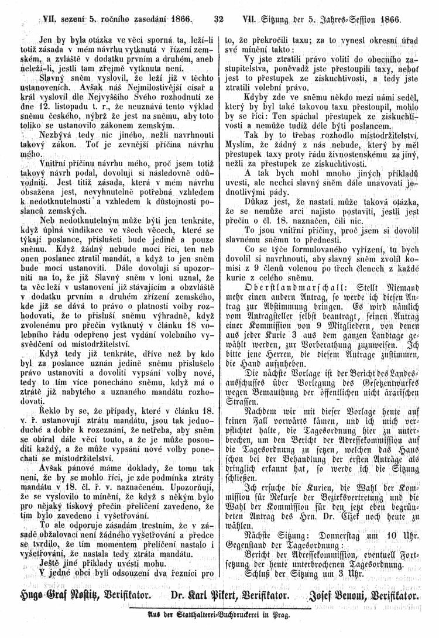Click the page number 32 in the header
220,19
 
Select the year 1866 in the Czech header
181,19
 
